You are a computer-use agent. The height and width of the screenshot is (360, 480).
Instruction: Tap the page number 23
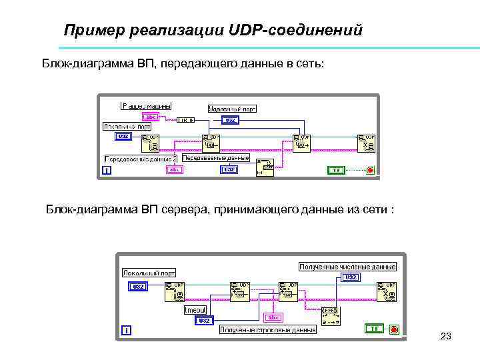click(x=446, y=337)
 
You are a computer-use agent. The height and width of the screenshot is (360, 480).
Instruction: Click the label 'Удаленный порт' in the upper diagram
click(x=232, y=109)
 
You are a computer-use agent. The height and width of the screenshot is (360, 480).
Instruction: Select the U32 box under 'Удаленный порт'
click(x=229, y=121)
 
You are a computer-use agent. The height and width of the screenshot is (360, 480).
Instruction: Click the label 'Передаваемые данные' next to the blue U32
click(x=215, y=158)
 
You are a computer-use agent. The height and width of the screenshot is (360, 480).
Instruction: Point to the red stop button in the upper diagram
click(x=370, y=170)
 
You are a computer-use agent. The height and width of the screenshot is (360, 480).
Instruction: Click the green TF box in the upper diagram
click(x=337, y=170)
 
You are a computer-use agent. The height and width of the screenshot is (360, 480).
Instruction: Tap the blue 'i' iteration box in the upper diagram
click(x=106, y=171)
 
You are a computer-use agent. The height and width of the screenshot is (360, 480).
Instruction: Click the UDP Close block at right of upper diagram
click(x=366, y=143)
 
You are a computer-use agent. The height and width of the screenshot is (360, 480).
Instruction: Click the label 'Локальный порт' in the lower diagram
click(x=149, y=272)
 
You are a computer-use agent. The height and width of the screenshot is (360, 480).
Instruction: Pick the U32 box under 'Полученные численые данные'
click(x=351, y=277)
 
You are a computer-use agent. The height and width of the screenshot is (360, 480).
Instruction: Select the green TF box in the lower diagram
click(x=374, y=328)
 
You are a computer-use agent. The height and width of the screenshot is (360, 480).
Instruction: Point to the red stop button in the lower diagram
click(x=394, y=329)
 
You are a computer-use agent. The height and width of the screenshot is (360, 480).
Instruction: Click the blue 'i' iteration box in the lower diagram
click(x=126, y=330)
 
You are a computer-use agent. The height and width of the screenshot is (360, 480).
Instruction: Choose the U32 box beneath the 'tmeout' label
click(x=204, y=321)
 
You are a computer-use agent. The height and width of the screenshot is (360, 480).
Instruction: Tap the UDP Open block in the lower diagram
click(x=175, y=291)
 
